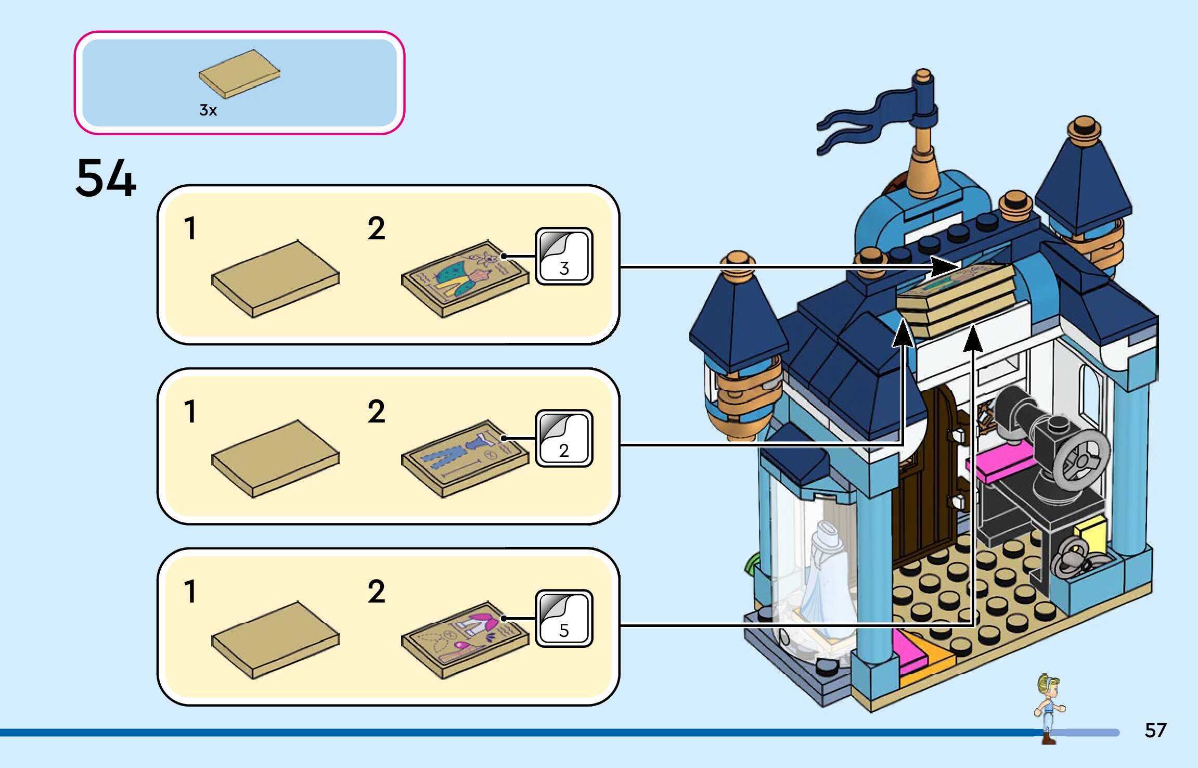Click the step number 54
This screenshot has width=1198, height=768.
[106, 178]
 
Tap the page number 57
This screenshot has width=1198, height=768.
[1155, 731]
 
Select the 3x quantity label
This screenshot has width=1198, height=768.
[208, 110]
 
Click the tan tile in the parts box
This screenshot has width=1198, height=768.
[239, 74]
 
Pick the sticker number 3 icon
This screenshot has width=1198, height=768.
[564, 256]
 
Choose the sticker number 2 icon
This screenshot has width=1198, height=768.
[564, 438]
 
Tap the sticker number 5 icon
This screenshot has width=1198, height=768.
[564, 618]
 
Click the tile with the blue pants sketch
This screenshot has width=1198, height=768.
[465, 459]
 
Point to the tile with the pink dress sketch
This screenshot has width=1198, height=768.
[465, 640]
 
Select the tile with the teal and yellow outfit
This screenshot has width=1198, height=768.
[465, 279]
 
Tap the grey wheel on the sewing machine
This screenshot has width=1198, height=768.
[1083, 460]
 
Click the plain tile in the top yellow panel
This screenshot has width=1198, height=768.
[275, 279]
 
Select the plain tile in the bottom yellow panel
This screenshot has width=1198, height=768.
[275, 640]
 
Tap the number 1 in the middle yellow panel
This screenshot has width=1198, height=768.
[190, 412]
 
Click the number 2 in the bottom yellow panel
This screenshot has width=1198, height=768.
[377, 592]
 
